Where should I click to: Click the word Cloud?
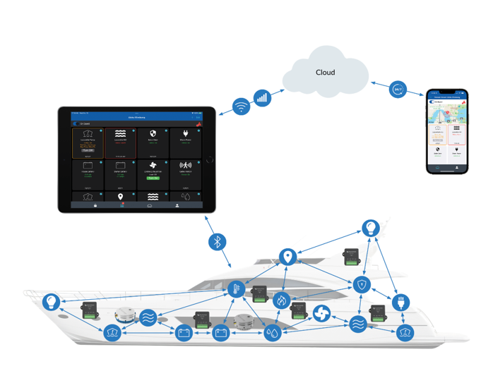point(325,72)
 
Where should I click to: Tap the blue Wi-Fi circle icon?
point(242,107)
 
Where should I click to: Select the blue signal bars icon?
point(262,97)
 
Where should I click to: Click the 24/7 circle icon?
point(397,90)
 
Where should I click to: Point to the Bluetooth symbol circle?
point(218,242)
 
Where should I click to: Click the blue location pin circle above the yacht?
point(287,257)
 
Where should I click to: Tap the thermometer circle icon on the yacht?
point(235,288)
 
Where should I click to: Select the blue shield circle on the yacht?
point(362,285)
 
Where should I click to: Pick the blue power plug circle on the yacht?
point(400,305)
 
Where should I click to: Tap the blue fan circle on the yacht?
point(321,312)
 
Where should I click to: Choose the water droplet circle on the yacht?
point(273,333)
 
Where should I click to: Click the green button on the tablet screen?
point(153,178)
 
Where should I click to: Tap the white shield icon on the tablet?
point(153,133)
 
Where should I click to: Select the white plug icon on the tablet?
point(186,133)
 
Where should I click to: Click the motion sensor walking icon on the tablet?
point(186,166)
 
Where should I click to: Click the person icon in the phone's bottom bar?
point(457,168)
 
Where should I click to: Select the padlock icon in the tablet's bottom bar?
point(95,205)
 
